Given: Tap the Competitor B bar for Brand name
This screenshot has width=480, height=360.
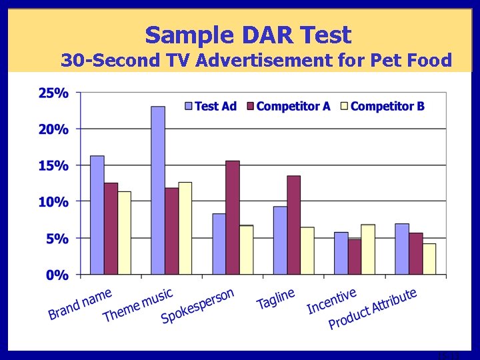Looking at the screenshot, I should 124,233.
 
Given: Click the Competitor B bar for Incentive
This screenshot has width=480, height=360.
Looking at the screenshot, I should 368,249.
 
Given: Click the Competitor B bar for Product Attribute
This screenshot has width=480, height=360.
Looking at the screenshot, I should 429,259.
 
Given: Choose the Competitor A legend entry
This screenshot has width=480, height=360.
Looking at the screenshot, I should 288,106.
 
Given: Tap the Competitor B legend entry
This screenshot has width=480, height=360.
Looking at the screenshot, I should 382,106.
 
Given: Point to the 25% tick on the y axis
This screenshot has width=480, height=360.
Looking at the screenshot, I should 53,93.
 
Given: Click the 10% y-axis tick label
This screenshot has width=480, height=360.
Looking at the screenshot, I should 53,201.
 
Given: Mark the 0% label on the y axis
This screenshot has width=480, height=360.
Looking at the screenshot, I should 57,274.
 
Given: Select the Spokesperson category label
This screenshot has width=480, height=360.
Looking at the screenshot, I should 198,306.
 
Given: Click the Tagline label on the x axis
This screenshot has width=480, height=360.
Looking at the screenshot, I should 276,298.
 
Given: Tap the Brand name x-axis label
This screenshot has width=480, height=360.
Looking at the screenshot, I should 80,303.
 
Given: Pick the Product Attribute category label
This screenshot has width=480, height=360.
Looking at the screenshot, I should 373,308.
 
